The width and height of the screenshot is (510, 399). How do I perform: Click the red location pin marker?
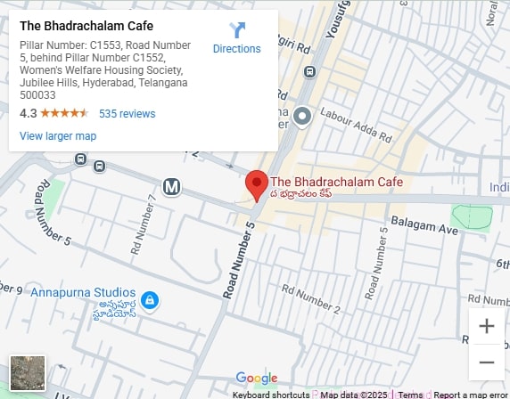click(x=257, y=184)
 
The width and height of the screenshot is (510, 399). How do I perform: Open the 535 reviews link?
click(x=127, y=114)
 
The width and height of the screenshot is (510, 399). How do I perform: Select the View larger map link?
click(x=58, y=136)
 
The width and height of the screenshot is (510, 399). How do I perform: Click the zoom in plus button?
click(x=486, y=326)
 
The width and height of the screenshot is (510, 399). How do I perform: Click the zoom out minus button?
click(x=486, y=362)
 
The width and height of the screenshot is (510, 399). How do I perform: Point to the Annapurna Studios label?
click(x=83, y=293)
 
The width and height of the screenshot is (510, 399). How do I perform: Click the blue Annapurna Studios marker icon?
click(x=151, y=301)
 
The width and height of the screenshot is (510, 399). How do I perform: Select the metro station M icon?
click(x=172, y=186)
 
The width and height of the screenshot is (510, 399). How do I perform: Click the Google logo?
click(x=257, y=379)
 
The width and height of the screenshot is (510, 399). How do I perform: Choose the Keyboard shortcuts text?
click(x=271, y=395)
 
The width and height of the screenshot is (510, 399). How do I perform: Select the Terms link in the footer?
click(x=410, y=395)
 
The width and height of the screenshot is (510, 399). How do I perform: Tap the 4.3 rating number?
click(x=28, y=114)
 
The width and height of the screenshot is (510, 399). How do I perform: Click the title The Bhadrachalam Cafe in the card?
click(x=86, y=26)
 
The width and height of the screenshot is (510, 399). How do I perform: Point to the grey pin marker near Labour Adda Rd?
click(x=302, y=115)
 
